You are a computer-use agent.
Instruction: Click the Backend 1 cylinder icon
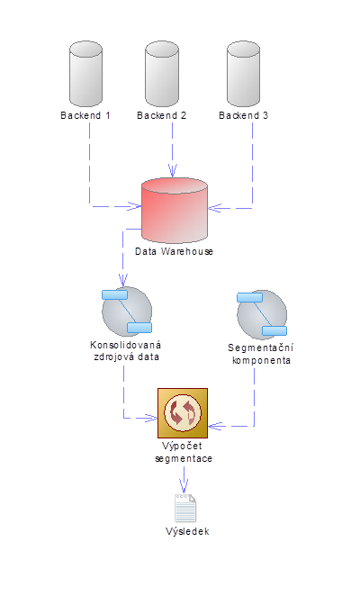(x=85, y=74)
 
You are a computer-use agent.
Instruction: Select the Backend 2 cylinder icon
(x=162, y=74)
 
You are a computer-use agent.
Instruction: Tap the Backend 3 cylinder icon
(x=243, y=74)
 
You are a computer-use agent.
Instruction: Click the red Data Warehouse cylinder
(x=175, y=210)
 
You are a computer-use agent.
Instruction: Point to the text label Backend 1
(x=85, y=115)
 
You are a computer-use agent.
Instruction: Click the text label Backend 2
(x=162, y=115)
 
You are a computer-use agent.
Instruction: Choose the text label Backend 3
(x=243, y=115)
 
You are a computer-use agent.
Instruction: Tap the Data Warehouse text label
(x=174, y=251)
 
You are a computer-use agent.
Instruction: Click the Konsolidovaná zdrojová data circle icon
(x=127, y=312)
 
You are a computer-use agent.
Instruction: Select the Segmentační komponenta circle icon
(x=262, y=315)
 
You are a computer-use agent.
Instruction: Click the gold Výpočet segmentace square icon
(x=183, y=413)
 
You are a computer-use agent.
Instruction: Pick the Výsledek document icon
(x=185, y=508)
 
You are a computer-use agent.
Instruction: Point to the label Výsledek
(x=187, y=531)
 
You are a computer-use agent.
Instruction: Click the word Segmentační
(x=261, y=348)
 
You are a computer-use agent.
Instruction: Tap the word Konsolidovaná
(x=125, y=345)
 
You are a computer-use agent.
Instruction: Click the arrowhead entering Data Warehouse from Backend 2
(x=173, y=171)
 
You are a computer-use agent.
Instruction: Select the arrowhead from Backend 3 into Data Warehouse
(x=214, y=208)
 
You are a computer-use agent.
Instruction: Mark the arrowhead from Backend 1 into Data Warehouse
(x=135, y=206)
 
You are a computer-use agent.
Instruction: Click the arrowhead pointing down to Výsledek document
(x=184, y=487)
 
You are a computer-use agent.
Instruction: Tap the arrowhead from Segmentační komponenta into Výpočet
(x=215, y=426)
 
